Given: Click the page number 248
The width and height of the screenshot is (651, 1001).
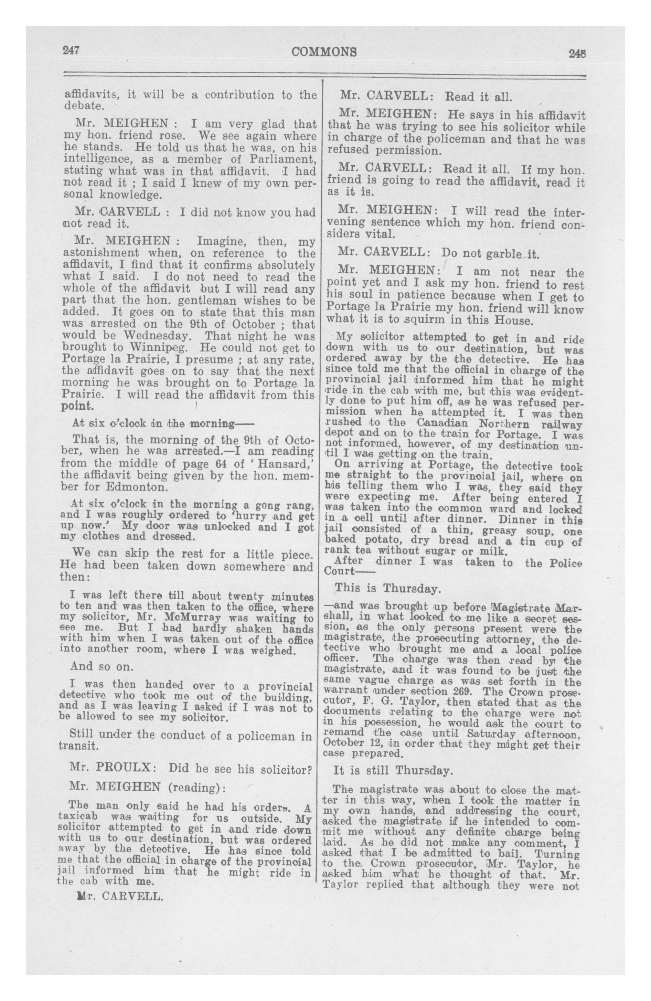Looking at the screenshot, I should click(x=577, y=53).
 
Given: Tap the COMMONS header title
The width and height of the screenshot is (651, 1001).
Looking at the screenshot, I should click(x=324, y=52).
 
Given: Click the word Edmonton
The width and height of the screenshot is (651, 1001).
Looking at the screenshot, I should click(x=137, y=487).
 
